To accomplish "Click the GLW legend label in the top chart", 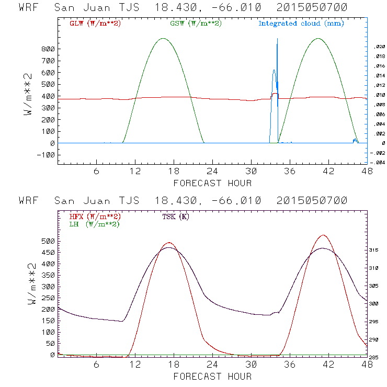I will pyautogui.click(x=95, y=24).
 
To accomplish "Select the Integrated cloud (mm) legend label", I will pyautogui.click(x=301, y=24).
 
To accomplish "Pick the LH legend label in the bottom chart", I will pyautogui.click(x=94, y=224).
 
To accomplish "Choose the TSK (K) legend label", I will pyautogui.click(x=175, y=217).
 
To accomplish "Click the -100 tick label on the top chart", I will pyautogui.click(x=46, y=155).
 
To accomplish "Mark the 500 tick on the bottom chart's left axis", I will pyautogui.click(x=48, y=241).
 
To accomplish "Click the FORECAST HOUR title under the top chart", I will pyautogui.click(x=212, y=183).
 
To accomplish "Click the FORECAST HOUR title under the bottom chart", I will pyautogui.click(x=212, y=377).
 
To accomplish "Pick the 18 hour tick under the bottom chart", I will pyautogui.click(x=174, y=365).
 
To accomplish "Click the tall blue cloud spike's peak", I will pyautogui.click(x=277, y=39).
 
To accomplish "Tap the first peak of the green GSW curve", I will pyautogui.click(x=163, y=38).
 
